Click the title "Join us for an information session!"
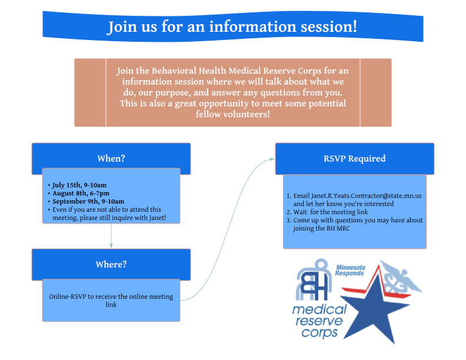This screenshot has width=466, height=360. coord(232,27)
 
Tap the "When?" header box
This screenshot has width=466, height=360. coord(111,159)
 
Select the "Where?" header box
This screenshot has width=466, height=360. coord(111,265)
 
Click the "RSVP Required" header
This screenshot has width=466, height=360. coord(354,159)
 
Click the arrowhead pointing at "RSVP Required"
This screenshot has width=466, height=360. coord(272,159)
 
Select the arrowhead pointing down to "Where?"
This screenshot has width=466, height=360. coord(111,245)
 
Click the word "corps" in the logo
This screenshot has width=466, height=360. coord(317,332)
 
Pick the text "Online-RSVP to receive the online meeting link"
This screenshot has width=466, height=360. coord(111,300)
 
